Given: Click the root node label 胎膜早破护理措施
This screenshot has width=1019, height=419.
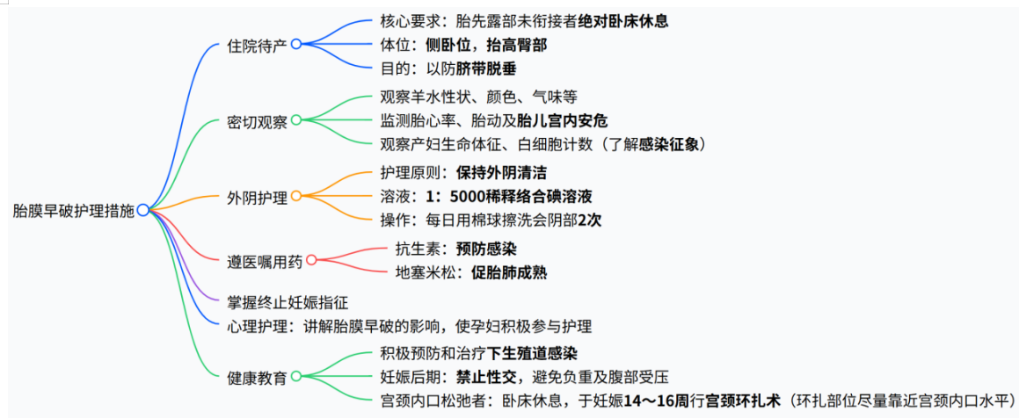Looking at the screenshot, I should coord(74,211).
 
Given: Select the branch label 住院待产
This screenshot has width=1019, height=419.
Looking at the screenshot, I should coord(257,45).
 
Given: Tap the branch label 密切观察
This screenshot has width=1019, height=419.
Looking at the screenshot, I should coord(257,121).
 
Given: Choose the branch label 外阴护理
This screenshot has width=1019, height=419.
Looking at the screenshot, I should coord(257,197).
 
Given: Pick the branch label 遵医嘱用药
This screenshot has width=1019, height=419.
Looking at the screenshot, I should coord(264,260).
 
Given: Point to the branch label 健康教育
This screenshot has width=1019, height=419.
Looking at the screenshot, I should coord(257,378).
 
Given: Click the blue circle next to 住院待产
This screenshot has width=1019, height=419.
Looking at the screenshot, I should coord(296,43).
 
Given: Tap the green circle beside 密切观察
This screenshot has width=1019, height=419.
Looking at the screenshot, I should coord(296,119).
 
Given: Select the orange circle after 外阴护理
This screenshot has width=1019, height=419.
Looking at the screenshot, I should coord(296,195).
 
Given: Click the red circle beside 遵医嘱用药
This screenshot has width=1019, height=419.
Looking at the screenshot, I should coord(310,259).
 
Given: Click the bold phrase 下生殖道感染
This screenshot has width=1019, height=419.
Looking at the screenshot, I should coord(533,354).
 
